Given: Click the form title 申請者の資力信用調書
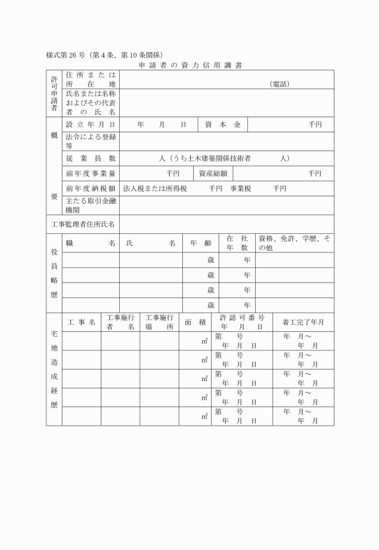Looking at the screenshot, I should coord(190,64).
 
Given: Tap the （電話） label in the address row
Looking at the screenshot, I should coord(280,84).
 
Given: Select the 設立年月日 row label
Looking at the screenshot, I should coord(90,124).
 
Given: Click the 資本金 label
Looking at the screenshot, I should coord(222,124).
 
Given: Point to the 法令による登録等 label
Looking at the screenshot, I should coord(90,141).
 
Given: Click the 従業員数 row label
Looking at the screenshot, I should coord(90,158).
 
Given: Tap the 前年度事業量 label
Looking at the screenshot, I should coord(90,174).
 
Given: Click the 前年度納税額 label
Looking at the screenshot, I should coord(90,189).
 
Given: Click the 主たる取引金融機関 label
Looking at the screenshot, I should coord(90,206).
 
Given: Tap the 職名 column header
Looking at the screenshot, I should coord(90,243).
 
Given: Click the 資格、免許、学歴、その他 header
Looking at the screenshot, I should coord(294,243).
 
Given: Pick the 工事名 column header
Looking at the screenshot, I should coord(81,322).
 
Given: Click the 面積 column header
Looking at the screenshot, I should coord(195,322).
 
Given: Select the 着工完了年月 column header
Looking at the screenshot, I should coord(303,322).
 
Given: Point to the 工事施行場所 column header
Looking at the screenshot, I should coord(159,322).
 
